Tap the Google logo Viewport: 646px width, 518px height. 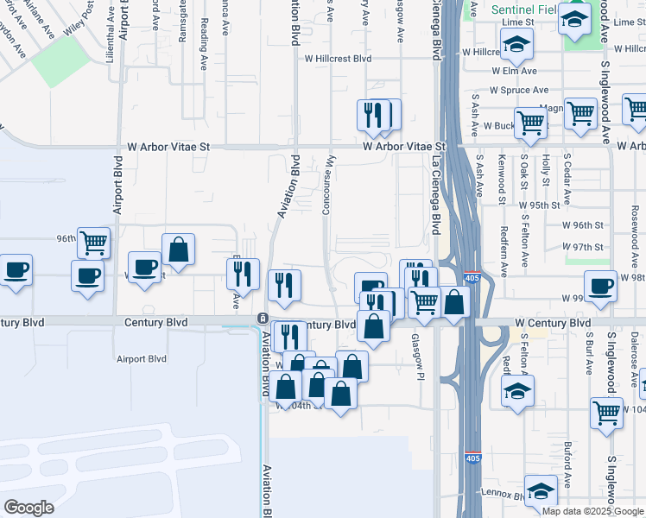[28, 508]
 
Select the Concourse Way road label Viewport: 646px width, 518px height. [327, 186]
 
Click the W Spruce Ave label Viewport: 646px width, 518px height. [518, 90]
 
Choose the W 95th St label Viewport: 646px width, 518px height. [540, 205]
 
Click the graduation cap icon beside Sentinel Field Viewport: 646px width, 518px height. [574, 17]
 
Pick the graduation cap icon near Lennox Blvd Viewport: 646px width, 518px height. [541, 490]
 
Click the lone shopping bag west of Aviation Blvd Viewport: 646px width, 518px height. [178, 249]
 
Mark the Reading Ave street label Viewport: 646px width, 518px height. [204, 43]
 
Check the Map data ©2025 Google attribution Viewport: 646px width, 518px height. [592, 511]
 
